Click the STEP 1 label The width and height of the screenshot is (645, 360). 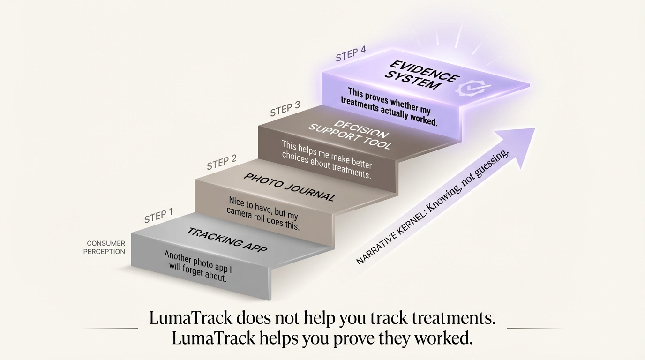coord(158,216)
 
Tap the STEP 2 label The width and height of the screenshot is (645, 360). coord(221,162)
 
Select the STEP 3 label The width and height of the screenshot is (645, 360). coord(285,109)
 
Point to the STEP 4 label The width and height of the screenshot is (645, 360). coord(351,54)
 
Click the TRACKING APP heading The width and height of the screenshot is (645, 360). coord(227,240)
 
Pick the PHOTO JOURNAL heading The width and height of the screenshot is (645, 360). coord(289,187)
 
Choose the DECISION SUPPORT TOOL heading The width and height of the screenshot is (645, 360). coord(350,135)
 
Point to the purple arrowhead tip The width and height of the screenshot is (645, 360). coord(535,128)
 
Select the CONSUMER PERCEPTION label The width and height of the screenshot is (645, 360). coord(104,247)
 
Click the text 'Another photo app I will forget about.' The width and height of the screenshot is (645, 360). coord(198,266)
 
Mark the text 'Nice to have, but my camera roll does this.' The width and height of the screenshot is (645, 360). coord(262,213)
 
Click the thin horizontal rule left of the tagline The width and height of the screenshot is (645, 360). coord(111,328)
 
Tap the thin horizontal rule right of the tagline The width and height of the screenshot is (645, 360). coord(534,328)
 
